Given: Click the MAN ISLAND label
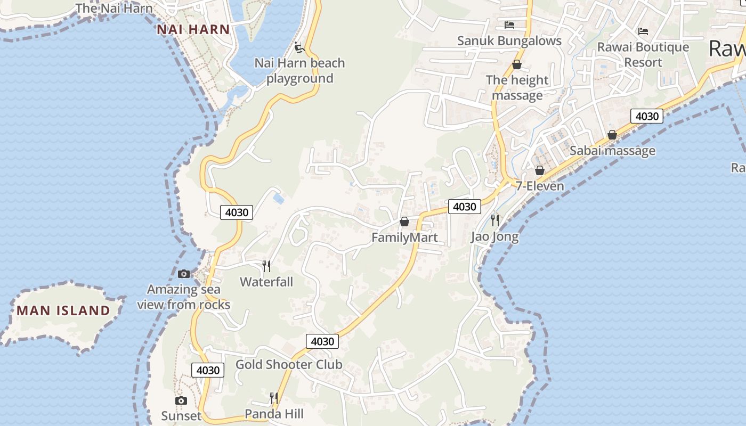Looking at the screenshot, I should pos(63,310).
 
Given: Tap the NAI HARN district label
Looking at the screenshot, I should pos(193,29).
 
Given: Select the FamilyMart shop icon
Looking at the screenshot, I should pos(404,221).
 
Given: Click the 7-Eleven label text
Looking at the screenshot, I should pos(539,186).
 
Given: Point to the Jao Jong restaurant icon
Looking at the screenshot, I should pos(495,219).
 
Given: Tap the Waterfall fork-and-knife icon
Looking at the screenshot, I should pos(266,265).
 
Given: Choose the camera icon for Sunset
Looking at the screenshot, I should pos(181,400).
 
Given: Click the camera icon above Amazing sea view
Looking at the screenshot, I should pos(184,274).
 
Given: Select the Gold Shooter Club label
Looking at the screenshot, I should pos(289,364).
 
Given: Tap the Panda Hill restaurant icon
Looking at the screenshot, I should pos(274,398).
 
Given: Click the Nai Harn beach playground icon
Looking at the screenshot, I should pos(299,47).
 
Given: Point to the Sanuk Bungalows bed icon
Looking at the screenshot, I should pos(509,24).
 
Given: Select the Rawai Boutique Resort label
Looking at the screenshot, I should pos(643,54).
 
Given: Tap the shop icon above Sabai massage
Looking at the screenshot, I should pos(612,135).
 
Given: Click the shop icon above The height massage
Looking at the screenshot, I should pos(516,64).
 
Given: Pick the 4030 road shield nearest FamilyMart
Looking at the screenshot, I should pos(464,206).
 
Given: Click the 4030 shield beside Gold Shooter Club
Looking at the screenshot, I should pos(322,341).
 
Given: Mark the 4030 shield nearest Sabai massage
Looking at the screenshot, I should pos(646,116).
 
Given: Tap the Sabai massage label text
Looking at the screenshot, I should pos(612,151).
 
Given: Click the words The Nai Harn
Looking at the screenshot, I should pos(114,8).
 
